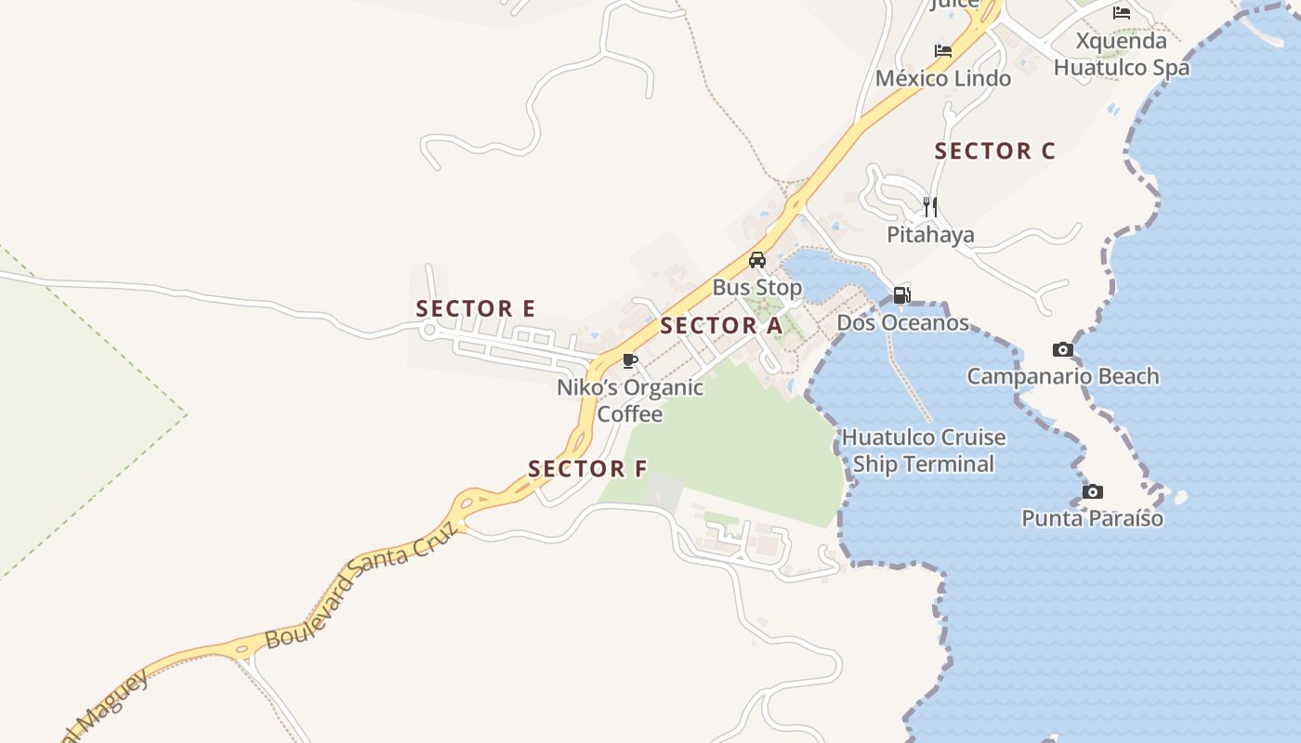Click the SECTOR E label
tap(475, 308)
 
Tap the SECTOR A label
tap(721, 326)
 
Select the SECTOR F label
tap(586, 469)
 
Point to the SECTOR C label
tap(994, 151)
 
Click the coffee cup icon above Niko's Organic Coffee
tap(630, 360)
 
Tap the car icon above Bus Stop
tap(757, 260)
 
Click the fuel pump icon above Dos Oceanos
tap(901, 296)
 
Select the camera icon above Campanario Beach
tap(1063, 350)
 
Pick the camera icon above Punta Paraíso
tap(1093, 491)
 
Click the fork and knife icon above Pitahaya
tap(930, 207)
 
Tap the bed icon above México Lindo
tap(943, 51)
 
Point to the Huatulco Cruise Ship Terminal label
tap(924, 450)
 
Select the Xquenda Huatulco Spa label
tap(1121, 55)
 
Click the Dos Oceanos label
tap(902, 323)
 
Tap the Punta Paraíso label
tap(1092, 518)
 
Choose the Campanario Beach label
tap(1063, 376)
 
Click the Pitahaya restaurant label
tap(930, 234)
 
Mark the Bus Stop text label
tap(757, 287)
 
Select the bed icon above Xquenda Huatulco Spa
tap(1122, 13)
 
